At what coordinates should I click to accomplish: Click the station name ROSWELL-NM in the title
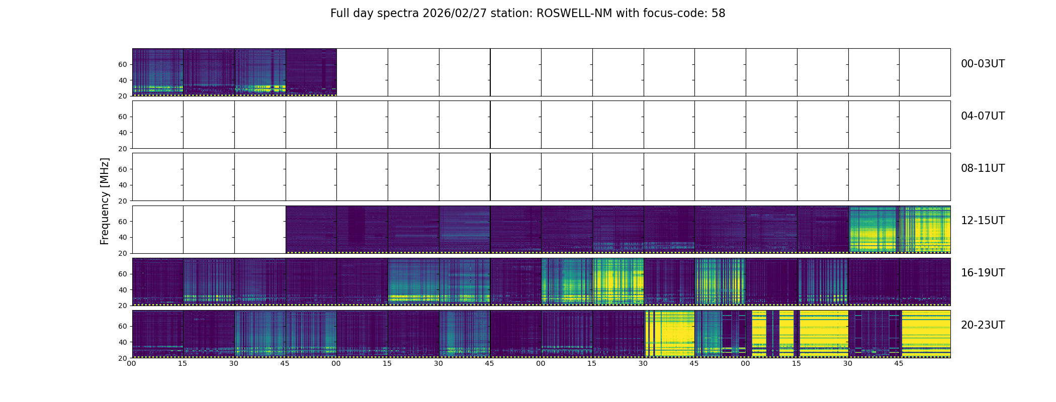click(574, 14)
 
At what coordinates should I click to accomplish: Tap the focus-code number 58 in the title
click(718, 14)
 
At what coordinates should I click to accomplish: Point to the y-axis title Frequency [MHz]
click(105, 201)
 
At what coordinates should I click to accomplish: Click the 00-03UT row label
click(983, 64)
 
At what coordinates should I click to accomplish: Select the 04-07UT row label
click(983, 116)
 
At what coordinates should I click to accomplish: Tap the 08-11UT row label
click(983, 168)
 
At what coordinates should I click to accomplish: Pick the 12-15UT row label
click(983, 221)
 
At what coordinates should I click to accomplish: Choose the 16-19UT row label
click(983, 273)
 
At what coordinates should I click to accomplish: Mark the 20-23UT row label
click(983, 325)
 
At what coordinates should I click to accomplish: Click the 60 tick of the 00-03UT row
click(123, 64)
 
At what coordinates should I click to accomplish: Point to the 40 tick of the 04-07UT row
click(123, 133)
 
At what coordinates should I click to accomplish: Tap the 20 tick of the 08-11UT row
click(123, 201)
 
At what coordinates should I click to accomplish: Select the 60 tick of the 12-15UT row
click(123, 222)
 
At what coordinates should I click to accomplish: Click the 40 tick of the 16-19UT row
click(123, 290)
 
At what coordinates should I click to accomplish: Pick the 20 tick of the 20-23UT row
click(123, 358)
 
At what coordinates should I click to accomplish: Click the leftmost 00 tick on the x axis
click(132, 363)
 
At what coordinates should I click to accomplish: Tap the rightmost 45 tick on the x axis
click(899, 363)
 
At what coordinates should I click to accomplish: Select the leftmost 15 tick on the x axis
click(183, 363)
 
